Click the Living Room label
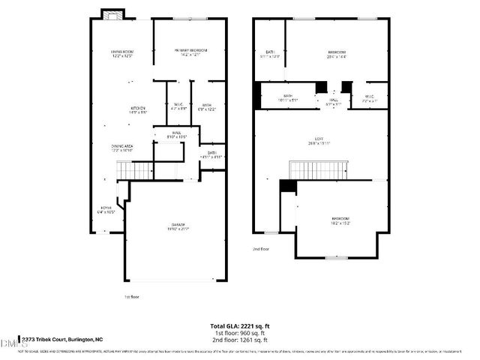coord(121,54)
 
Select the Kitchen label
coord(138,110)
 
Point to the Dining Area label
coord(122,148)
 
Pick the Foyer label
coord(106,209)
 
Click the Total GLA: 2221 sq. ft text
coord(241,326)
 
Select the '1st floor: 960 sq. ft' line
coord(241,332)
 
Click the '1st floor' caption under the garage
coord(132,297)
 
